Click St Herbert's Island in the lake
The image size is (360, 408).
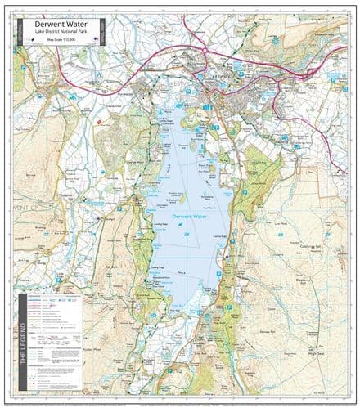click(182, 196)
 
